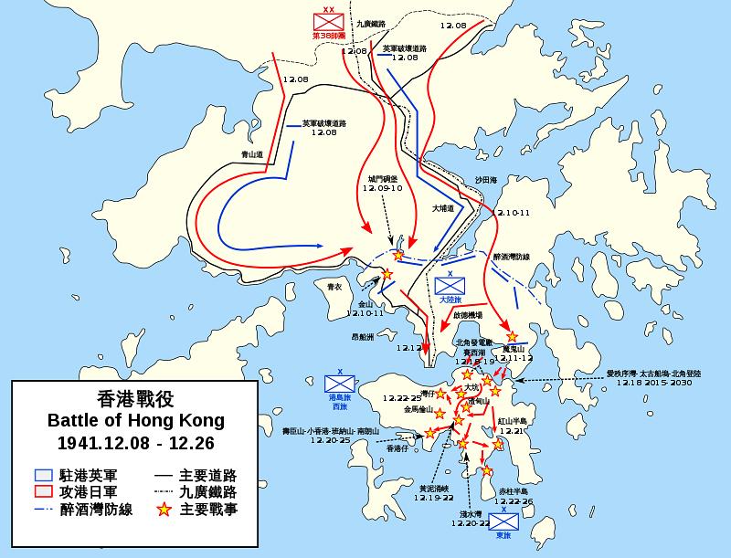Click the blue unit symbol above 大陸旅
(x=450, y=285)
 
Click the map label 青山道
(x=253, y=155)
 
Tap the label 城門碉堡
(x=383, y=179)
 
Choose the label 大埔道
(x=443, y=208)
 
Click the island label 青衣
(x=335, y=287)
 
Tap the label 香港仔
(x=397, y=447)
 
